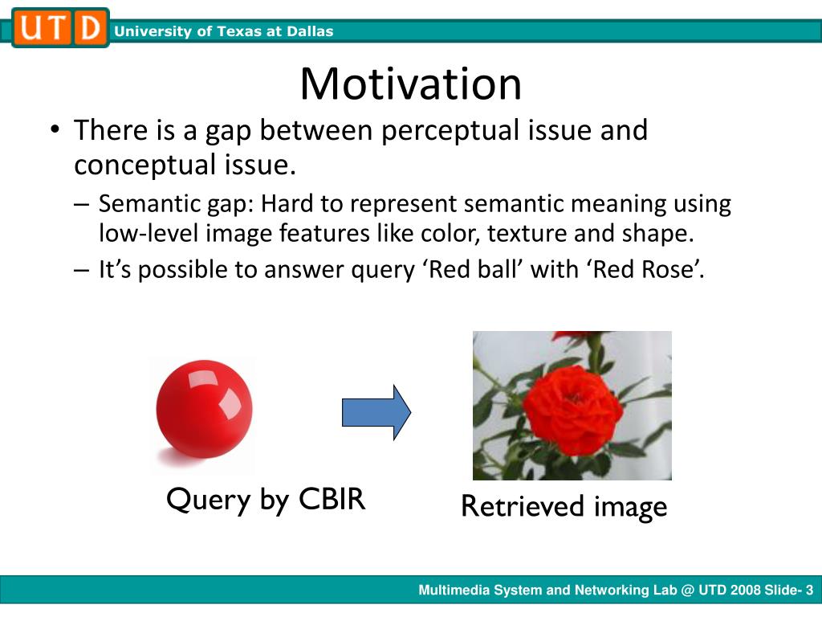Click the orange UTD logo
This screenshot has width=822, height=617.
pyautogui.click(x=60, y=28)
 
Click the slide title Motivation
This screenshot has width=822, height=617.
pyautogui.click(x=410, y=84)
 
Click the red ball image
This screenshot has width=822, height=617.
pyautogui.click(x=204, y=409)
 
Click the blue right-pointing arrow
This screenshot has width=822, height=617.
pyautogui.click(x=376, y=412)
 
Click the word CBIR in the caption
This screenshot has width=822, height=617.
pyautogui.click(x=332, y=498)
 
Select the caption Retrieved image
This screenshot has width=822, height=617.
pyautogui.click(x=564, y=508)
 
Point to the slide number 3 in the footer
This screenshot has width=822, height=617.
pyautogui.click(x=809, y=590)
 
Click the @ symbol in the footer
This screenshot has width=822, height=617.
pyautogui.click(x=687, y=590)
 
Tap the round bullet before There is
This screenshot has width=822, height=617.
pyautogui.click(x=55, y=129)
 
